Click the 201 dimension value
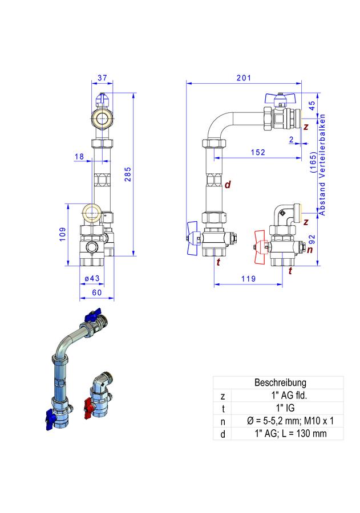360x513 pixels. click(244, 78)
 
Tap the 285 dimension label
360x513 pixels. click(128, 174)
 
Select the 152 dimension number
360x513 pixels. click(258, 152)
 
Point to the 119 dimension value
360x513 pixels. click(248, 278)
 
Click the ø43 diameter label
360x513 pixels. click(92, 278)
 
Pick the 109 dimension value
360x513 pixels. click(63, 234)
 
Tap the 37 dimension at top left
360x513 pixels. click(102, 78)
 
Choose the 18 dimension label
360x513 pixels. click(79, 156)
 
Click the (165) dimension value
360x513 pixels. click(313, 162)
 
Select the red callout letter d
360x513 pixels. click(228, 185)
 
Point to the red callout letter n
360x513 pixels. click(310, 250)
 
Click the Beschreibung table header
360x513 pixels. click(280, 382)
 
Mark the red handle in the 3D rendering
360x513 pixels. click(88, 408)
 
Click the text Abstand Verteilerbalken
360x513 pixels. click(322, 165)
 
